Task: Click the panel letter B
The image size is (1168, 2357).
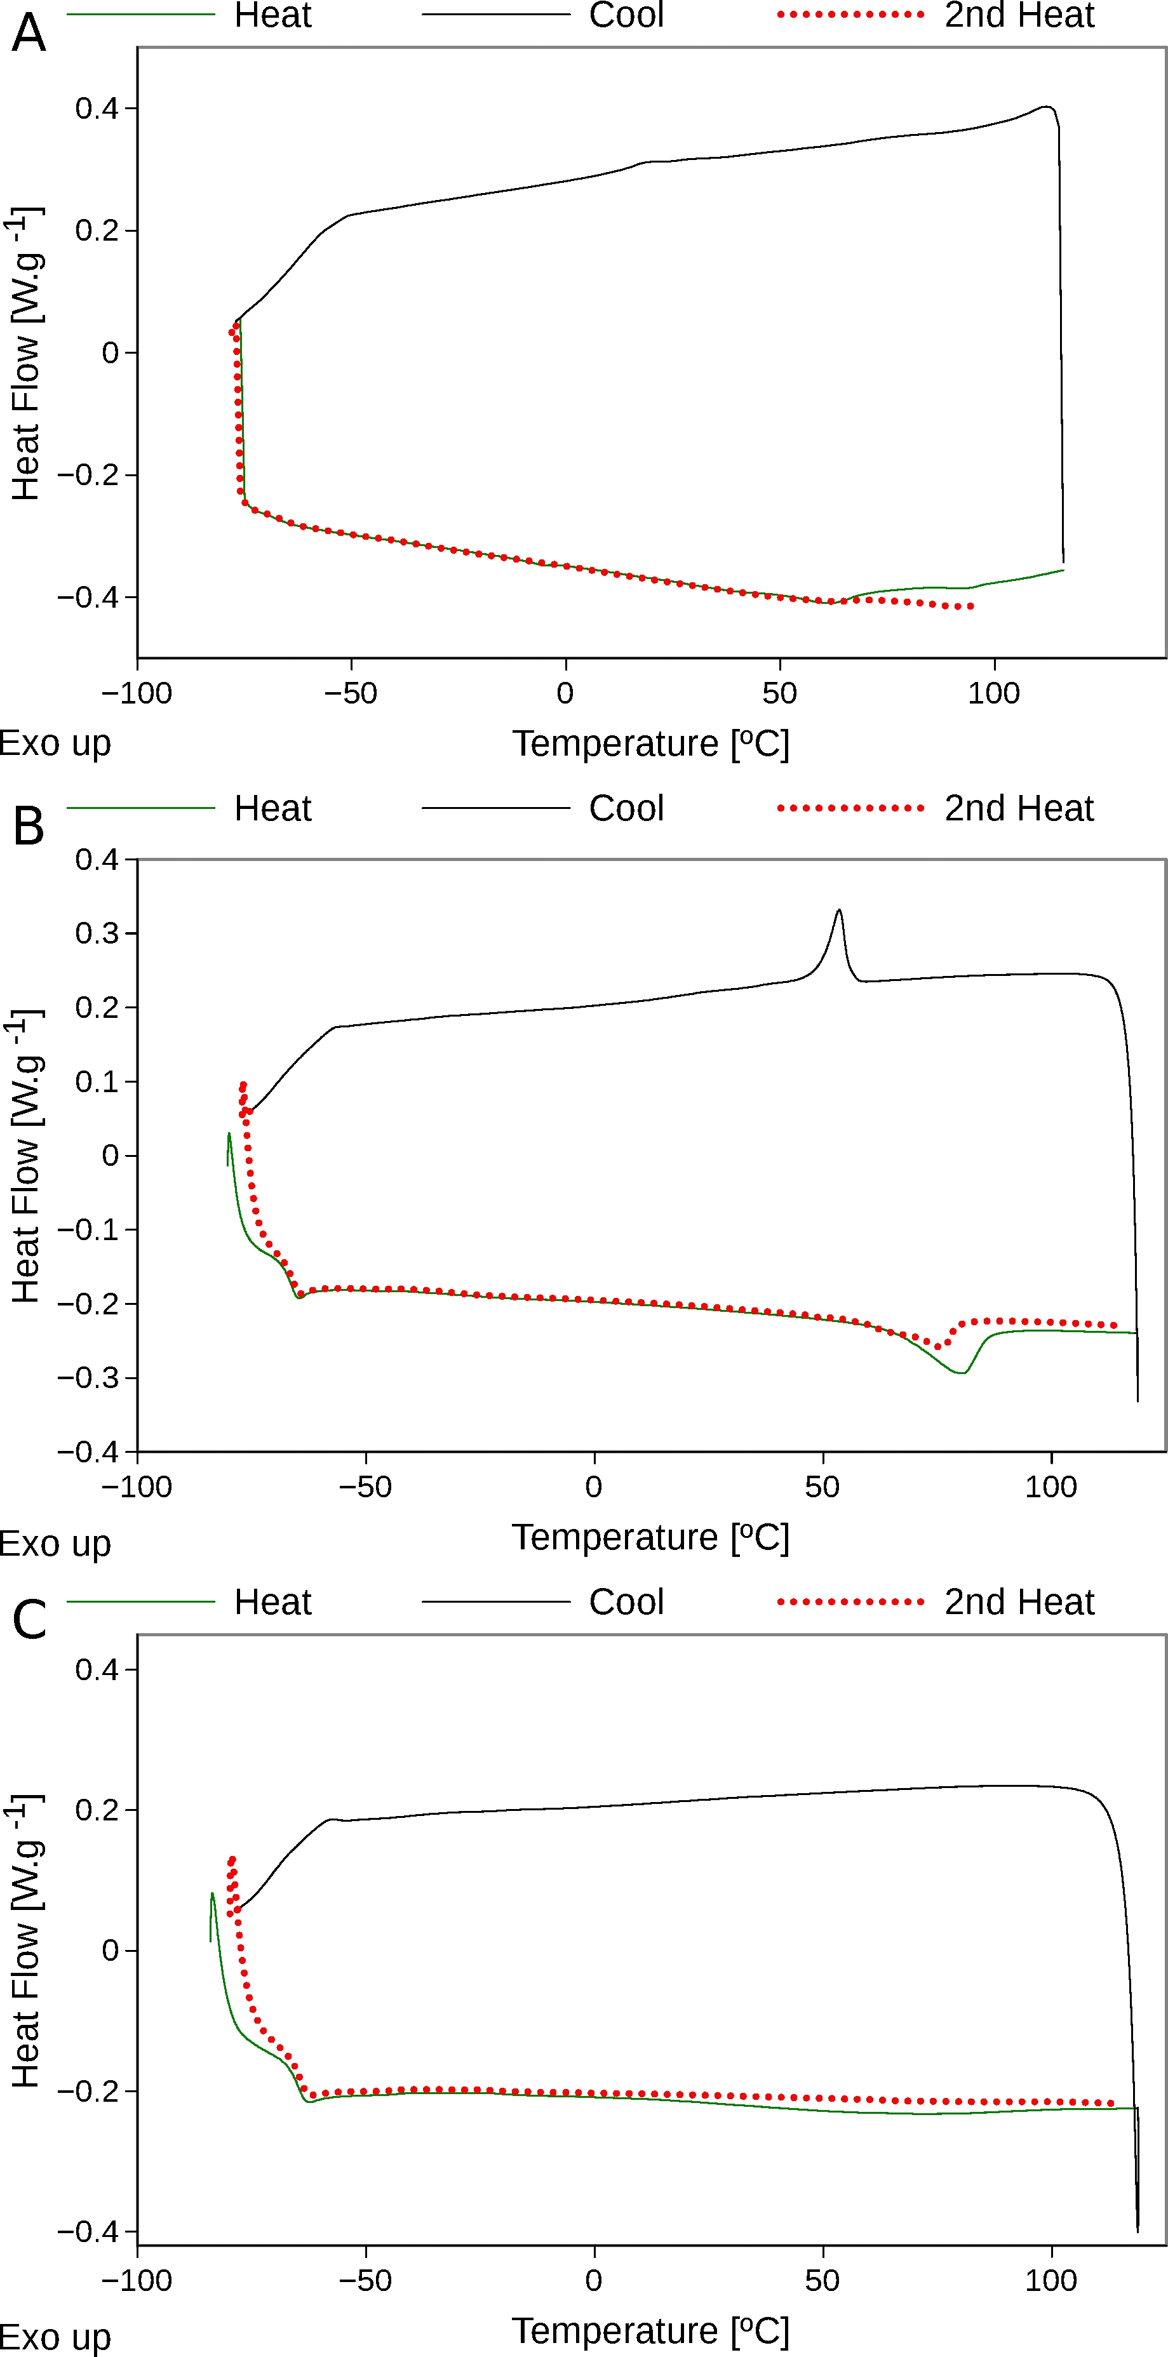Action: click(x=29, y=827)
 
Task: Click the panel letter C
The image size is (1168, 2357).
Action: click(x=29, y=1620)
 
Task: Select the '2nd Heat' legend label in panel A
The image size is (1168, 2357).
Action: click(x=1019, y=15)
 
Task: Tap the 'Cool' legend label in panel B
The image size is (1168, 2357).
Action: click(x=626, y=809)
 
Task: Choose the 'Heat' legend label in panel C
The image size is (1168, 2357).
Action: click(x=272, y=1602)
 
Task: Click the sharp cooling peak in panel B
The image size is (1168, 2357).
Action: click(x=838, y=911)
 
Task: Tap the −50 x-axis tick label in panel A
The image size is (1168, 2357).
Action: click(x=351, y=693)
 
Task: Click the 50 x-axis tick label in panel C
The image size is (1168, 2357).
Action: click(x=822, y=2280)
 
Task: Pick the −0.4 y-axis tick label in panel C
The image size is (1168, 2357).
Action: click(x=88, y=2232)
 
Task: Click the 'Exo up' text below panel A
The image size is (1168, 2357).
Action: click(x=55, y=743)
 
